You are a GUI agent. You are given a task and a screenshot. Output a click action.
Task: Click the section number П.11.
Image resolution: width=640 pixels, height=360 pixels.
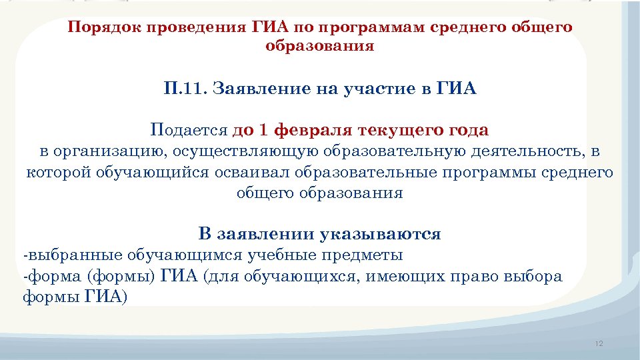[185, 89]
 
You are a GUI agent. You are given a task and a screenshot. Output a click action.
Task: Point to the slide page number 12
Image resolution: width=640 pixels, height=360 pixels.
[598, 343]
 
